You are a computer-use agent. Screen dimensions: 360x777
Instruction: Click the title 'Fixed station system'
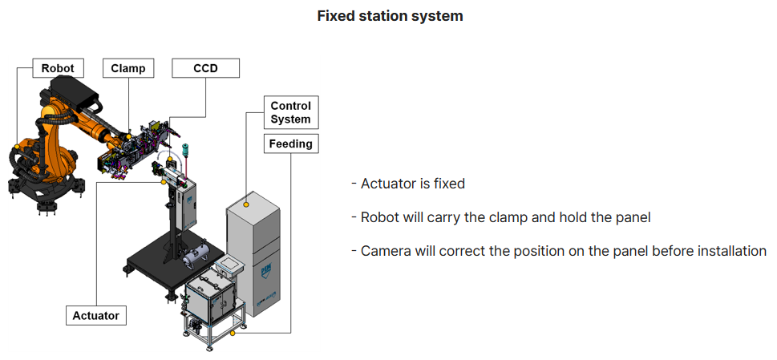(x=390, y=16)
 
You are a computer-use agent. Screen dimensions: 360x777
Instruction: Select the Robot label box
(x=58, y=68)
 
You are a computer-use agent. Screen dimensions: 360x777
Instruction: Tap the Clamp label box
(x=128, y=68)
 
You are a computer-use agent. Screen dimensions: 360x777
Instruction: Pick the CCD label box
(x=205, y=68)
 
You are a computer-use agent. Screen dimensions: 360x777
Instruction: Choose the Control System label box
(x=290, y=112)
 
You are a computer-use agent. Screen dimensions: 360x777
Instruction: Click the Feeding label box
(x=290, y=144)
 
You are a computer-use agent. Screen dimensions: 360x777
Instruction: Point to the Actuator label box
(x=95, y=315)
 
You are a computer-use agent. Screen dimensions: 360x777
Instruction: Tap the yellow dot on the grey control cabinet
(x=246, y=205)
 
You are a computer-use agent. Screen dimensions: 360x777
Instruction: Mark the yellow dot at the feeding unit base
(x=233, y=332)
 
